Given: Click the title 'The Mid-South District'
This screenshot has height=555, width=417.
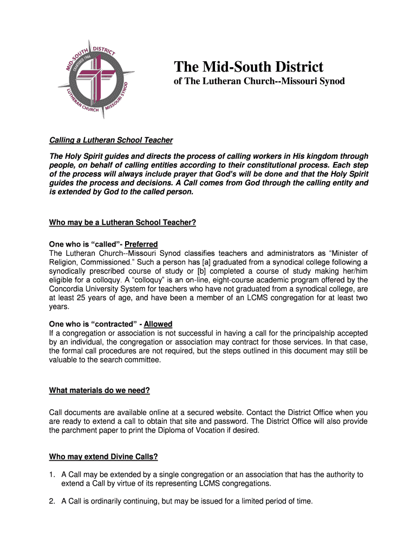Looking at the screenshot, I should (x=248, y=67).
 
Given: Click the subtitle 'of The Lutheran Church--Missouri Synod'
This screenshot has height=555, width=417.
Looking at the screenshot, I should (x=259, y=82).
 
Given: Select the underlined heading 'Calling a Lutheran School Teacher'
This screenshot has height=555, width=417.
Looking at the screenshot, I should (x=111, y=140).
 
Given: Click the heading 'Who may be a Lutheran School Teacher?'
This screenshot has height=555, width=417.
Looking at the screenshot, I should (x=122, y=222).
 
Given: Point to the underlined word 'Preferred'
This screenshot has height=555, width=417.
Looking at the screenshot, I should (x=141, y=244).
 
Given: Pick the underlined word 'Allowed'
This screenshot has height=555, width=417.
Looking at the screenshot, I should (x=158, y=324).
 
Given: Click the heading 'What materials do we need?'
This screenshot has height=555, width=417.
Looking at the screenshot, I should (x=100, y=390).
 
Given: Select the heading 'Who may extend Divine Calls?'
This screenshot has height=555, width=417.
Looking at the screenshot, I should (x=103, y=457).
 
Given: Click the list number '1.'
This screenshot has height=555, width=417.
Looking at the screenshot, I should (x=52, y=475).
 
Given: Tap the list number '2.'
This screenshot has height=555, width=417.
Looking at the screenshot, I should (x=52, y=501).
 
